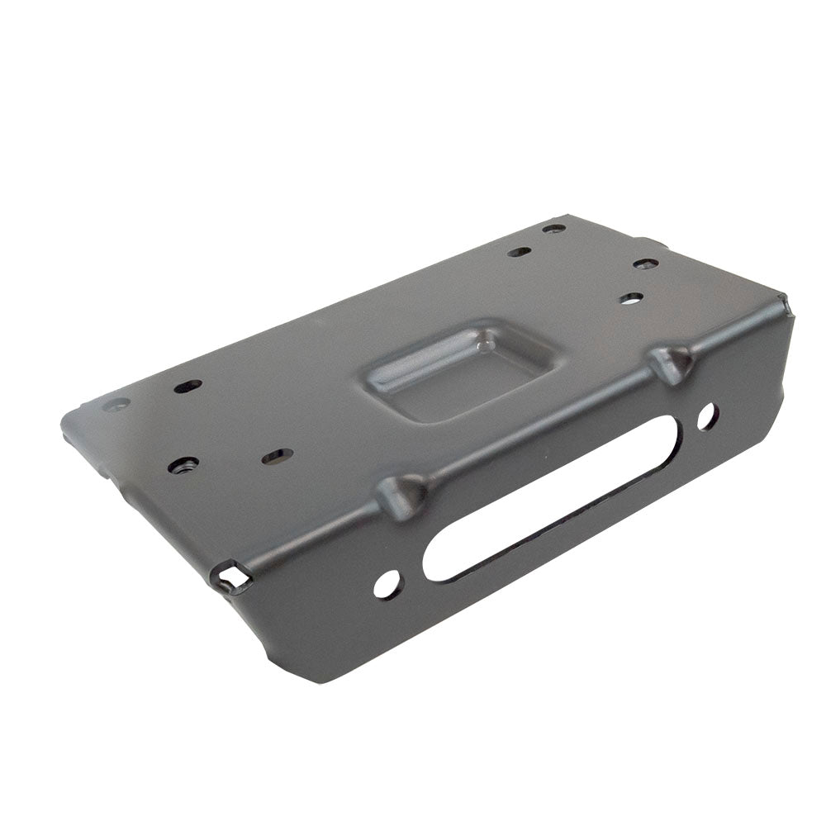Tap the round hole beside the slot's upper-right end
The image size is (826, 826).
[x=706, y=416]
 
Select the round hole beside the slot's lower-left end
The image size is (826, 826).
[x=387, y=584]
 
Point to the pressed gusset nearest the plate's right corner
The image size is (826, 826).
[x=670, y=363]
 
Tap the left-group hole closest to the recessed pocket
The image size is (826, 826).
[x=277, y=456]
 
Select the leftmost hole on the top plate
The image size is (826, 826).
[x=116, y=405]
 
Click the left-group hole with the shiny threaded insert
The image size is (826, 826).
[x=183, y=465]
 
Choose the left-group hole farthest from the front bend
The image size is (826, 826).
[x=188, y=386]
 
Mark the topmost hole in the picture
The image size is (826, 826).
[x=554, y=228]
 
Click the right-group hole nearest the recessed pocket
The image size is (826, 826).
[x=519, y=251]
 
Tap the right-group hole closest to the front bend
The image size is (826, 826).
[x=631, y=298]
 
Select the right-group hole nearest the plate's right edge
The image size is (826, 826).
[x=646, y=264]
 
